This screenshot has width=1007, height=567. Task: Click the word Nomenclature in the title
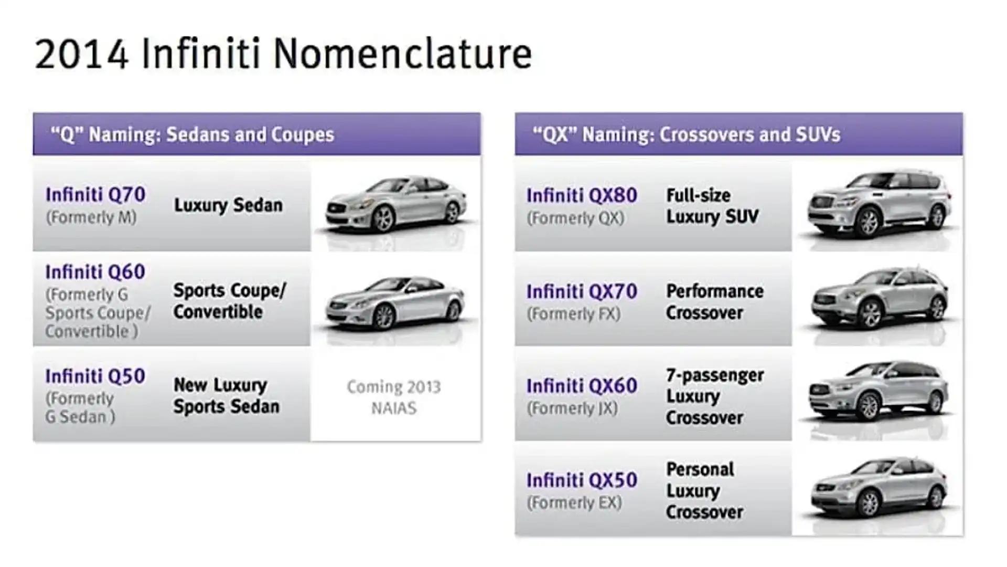(402, 54)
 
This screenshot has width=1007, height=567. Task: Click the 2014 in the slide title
(82, 54)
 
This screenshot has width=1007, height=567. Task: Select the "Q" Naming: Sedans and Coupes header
(192, 135)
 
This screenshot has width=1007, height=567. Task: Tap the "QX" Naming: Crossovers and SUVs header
(687, 135)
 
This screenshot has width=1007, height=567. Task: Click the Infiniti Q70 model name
(95, 194)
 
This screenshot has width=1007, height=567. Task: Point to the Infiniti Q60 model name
(95, 272)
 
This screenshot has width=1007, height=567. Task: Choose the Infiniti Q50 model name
(95, 376)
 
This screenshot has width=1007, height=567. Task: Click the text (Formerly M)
(91, 217)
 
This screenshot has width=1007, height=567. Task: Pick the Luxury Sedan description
(228, 205)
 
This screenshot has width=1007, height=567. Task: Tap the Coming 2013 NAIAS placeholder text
(394, 397)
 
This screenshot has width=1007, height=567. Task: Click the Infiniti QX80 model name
(582, 195)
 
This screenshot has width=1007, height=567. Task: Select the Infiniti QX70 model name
(582, 291)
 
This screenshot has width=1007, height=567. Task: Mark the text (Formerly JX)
(572, 408)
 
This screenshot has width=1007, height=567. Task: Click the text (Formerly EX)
(574, 503)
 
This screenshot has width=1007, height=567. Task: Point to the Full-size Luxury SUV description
(712, 206)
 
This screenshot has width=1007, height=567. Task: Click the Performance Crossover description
(715, 302)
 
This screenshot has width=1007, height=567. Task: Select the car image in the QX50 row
(879, 487)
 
